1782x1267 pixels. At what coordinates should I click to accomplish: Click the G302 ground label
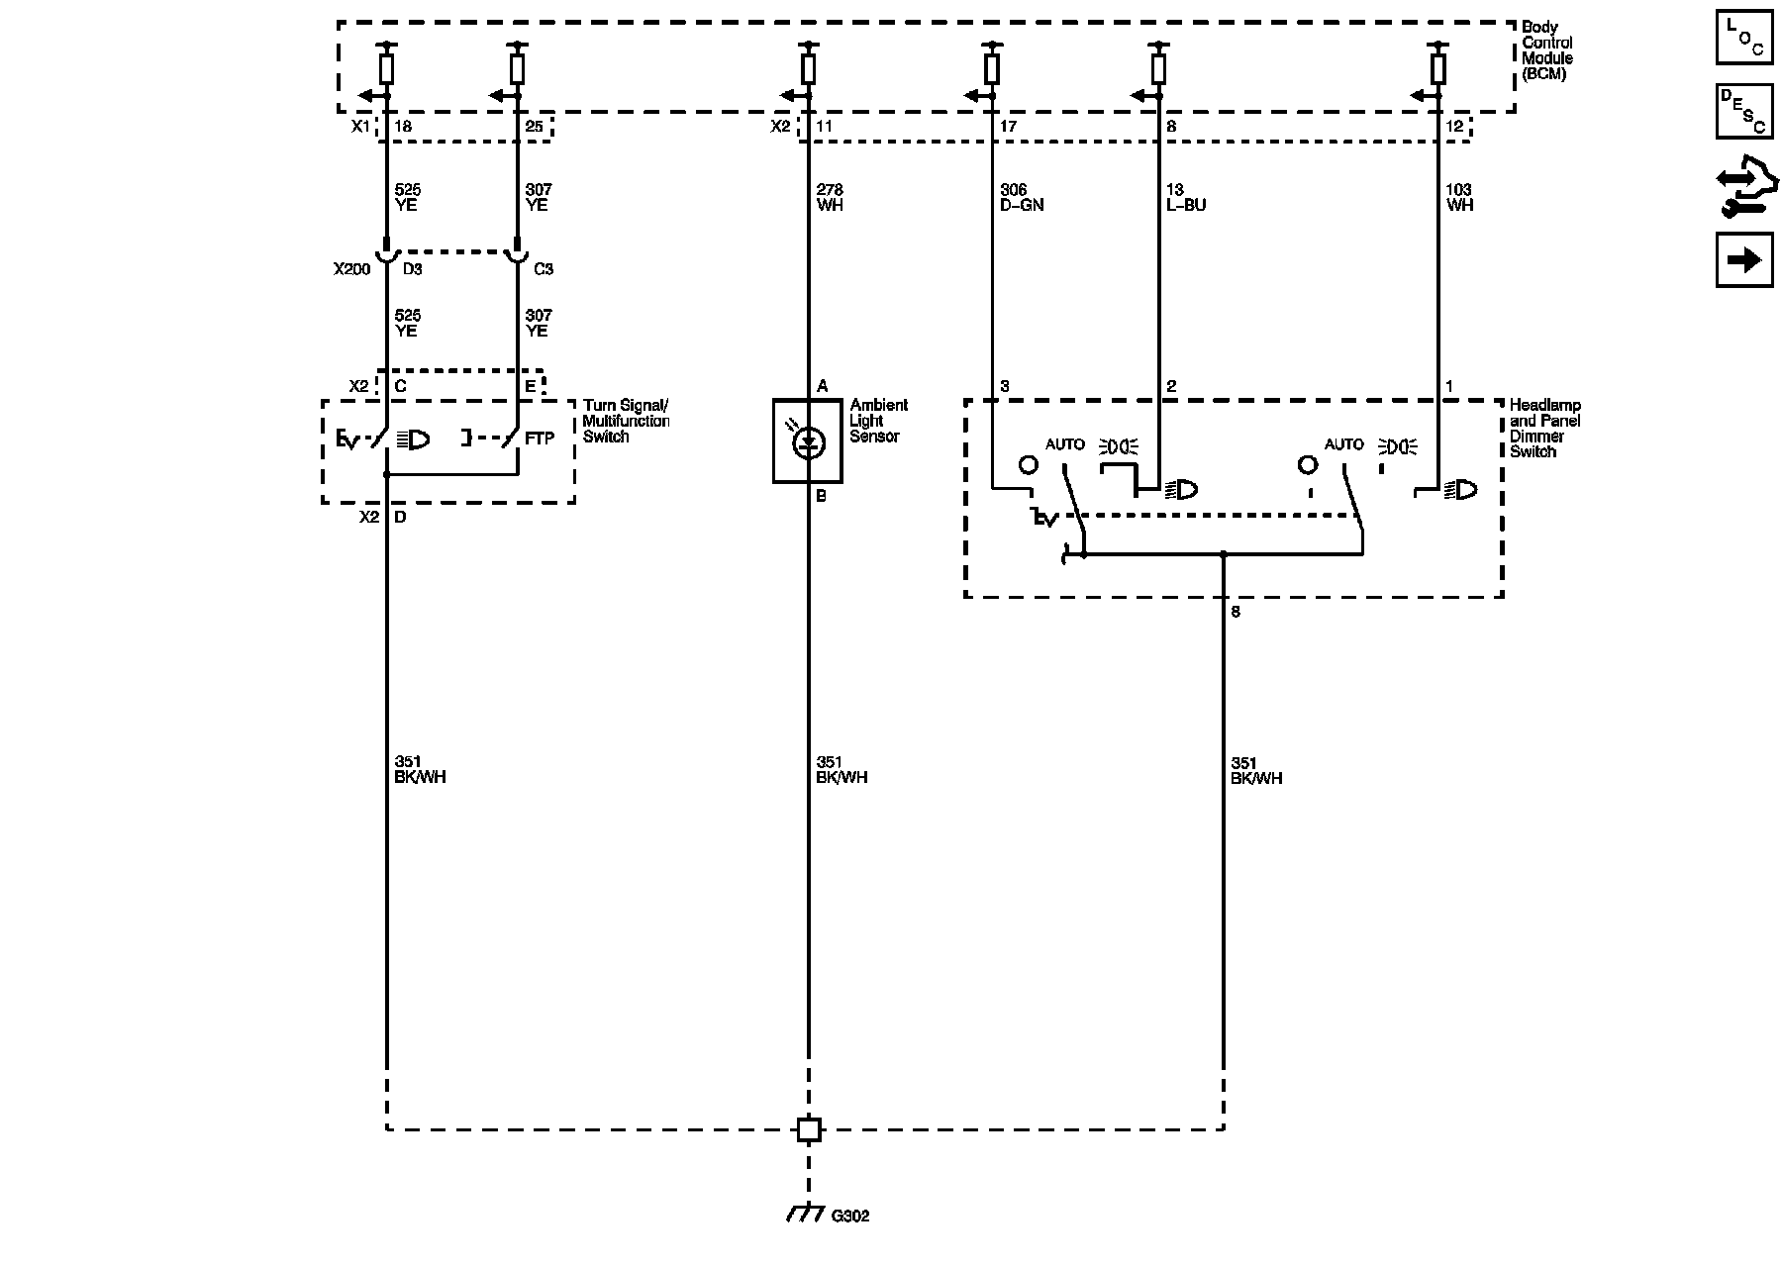pos(849,1216)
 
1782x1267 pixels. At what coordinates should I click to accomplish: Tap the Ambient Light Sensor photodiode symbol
pos(809,441)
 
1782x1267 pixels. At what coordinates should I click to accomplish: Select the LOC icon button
pos(1744,39)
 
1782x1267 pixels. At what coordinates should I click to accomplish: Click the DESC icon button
pos(1744,112)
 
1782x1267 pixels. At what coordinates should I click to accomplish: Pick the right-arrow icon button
pos(1744,260)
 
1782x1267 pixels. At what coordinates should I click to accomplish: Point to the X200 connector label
pos(351,268)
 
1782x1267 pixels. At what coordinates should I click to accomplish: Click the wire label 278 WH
pos(830,197)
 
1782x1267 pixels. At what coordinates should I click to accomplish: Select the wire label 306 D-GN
pos(1022,197)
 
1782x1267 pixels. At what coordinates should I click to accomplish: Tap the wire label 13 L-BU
pos(1186,197)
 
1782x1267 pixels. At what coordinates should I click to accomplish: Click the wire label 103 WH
pos(1459,197)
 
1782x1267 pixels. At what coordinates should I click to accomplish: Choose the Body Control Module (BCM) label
pos(1547,50)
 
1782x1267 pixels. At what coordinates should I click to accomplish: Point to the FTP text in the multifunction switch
pos(540,439)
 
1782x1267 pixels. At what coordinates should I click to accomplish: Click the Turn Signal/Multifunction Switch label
pos(626,421)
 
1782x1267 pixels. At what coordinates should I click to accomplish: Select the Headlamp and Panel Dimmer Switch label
pos(1544,428)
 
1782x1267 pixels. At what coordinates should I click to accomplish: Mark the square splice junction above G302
pos(809,1129)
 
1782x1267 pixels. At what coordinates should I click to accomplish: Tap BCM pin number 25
pos(534,127)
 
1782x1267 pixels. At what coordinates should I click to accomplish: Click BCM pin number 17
pos(1008,127)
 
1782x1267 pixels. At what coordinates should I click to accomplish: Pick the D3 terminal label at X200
pos(412,268)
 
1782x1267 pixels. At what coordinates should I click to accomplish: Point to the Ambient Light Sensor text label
pos(878,421)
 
